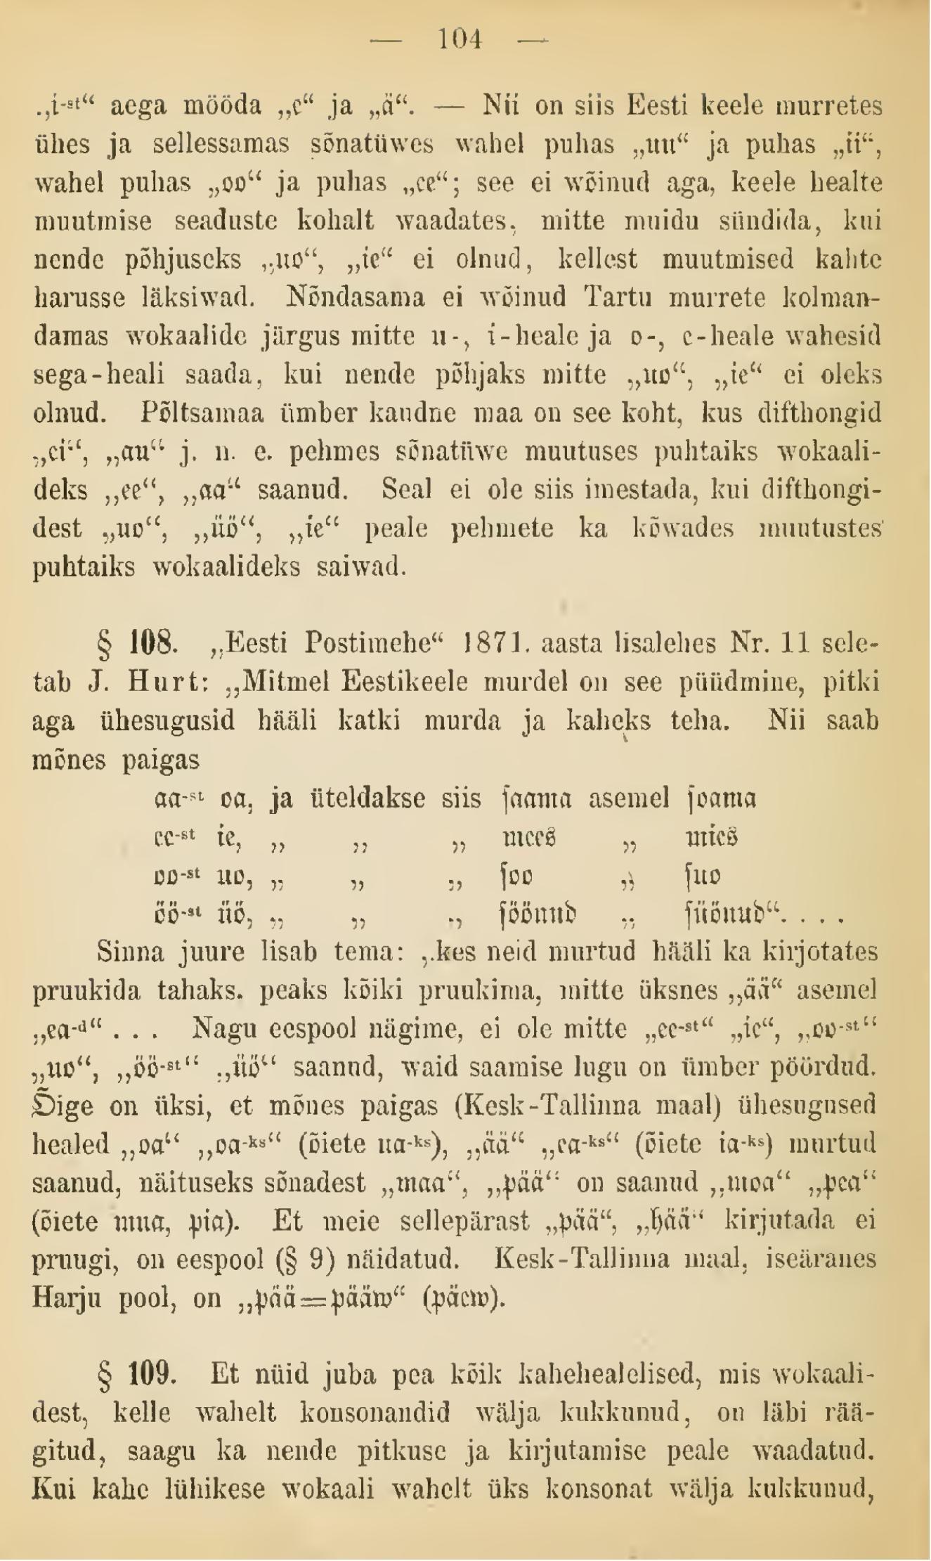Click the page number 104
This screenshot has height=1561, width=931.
pyautogui.click(x=460, y=39)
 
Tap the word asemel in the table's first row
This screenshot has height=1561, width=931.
pyautogui.click(x=629, y=799)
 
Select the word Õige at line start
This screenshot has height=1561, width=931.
pyautogui.click(x=63, y=1106)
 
